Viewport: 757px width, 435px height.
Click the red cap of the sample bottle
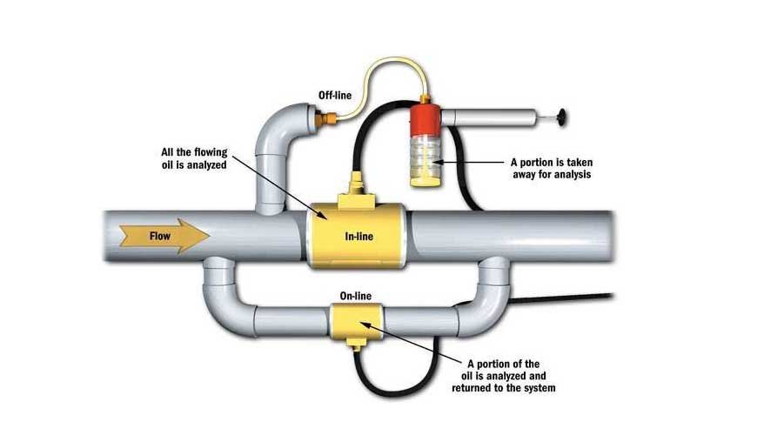pyautogui.click(x=428, y=121)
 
